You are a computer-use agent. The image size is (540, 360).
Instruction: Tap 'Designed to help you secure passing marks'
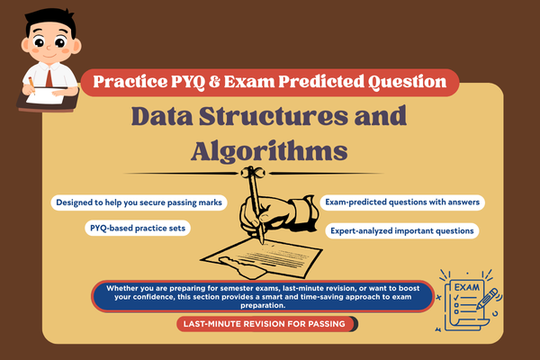(x=139, y=202)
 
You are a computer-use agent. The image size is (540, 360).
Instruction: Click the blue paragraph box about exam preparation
(x=269, y=296)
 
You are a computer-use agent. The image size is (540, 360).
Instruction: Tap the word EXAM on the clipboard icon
(x=454, y=286)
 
